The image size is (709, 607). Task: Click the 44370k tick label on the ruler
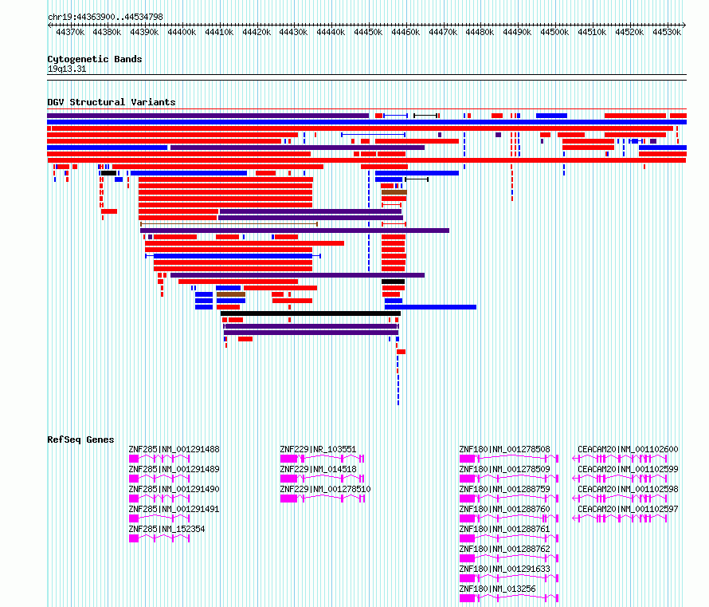point(70,32)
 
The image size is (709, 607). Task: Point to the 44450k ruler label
point(368,32)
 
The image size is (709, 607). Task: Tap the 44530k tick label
point(667,32)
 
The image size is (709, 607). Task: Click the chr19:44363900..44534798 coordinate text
point(105,18)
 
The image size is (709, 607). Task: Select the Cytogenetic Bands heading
point(95,59)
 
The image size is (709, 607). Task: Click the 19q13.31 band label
point(67,69)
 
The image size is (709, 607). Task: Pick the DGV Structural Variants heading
point(112,102)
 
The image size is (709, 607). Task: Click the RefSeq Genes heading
point(80,439)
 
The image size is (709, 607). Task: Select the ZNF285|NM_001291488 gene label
point(174,450)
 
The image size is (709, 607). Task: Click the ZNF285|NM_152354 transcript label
point(166,529)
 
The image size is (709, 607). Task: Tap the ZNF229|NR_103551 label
point(318,450)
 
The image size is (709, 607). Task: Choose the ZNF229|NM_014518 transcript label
point(318,469)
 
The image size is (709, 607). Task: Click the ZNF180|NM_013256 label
point(497,589)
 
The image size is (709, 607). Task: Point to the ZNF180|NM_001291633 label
point(504,569)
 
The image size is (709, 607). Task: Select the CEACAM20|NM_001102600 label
point(628,450)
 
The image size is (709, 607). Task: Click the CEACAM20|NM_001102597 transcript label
point(628,509)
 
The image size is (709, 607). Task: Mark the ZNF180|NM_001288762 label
point(504,549)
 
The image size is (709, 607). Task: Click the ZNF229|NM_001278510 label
point(325,489)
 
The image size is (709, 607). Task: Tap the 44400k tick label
point(182,32)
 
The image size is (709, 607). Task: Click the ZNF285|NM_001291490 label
point(174,489)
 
